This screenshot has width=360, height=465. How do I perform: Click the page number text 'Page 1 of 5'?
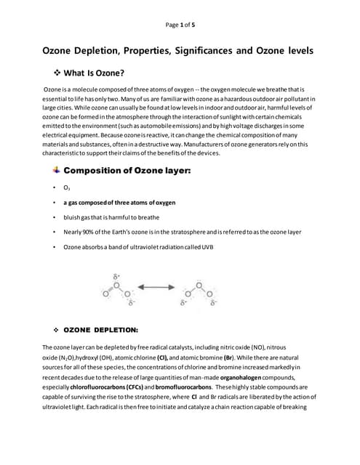coord(180,25)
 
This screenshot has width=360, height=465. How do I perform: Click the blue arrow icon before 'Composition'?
coord(57,170)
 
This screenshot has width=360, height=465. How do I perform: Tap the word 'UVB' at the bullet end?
coord(207,247)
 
